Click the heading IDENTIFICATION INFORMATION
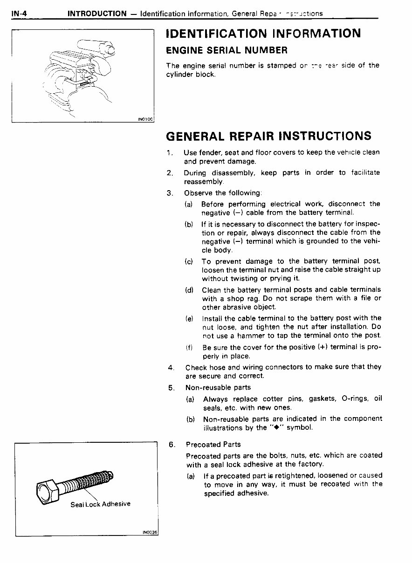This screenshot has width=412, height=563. point(263,34)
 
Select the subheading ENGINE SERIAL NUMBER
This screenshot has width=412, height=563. point(227,50)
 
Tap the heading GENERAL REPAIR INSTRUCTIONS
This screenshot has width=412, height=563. point(269,136)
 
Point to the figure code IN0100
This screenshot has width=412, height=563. point(145,119)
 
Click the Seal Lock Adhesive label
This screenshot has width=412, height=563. point(100,504)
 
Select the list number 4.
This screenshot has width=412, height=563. point(171,367)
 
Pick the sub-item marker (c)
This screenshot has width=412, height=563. point(189,261)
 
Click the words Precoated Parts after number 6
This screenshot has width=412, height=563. point(213,444)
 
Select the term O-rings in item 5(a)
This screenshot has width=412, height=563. point(356,398)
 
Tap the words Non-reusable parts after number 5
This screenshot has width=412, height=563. point(218,387)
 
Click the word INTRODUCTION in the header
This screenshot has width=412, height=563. point(97,13)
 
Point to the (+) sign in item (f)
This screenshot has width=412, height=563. point(322,347)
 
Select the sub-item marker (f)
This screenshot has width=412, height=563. point(189,347)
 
